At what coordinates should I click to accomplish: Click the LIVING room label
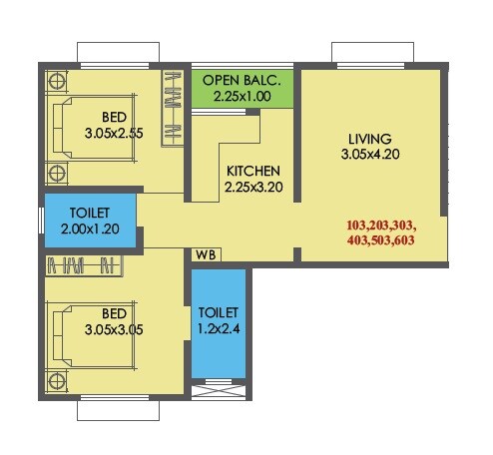point(370,138)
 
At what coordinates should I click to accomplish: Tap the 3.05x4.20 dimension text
point(370,156)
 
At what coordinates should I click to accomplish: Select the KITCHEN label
point(252,171)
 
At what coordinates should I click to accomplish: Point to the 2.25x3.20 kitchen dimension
point(252,187)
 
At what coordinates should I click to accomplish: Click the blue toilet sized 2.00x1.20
point(88,221)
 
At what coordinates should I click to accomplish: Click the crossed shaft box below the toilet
point(218,391)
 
